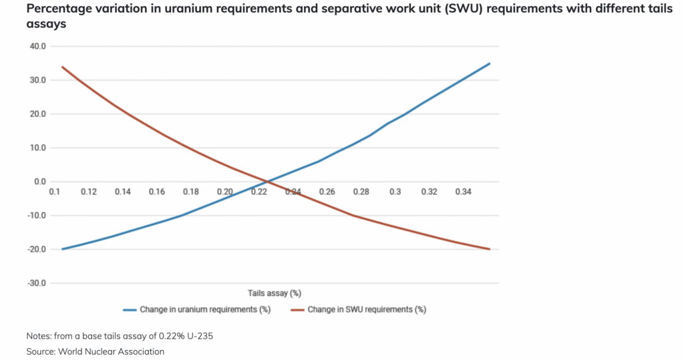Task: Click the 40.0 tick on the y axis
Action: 37,46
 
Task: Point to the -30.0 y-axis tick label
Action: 36,283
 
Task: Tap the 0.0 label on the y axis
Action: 39,182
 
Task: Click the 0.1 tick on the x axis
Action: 54,192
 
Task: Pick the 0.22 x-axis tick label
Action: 259,192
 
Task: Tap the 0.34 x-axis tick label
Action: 463,192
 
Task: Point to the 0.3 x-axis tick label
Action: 395,192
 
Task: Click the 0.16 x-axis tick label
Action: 157,192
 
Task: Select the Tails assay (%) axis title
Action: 275,293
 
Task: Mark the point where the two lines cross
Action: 267,182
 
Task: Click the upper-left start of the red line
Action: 62,67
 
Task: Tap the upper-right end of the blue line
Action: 490,63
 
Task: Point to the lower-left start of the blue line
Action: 62,249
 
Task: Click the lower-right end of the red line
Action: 490,249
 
